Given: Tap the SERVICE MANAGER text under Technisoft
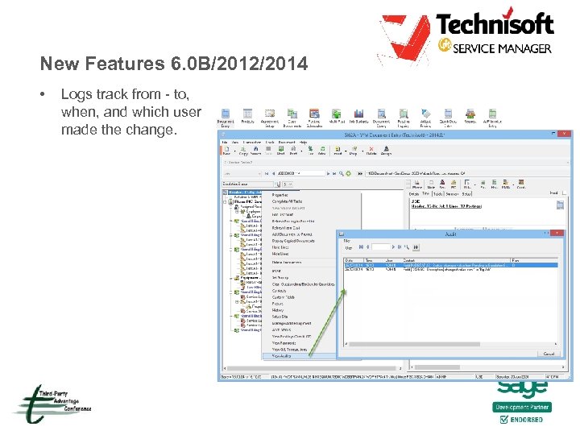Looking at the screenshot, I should (x=502, y=48).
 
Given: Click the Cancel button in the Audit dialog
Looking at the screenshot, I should (x=548, y=353).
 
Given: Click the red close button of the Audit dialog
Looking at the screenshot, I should (x=556, y=233).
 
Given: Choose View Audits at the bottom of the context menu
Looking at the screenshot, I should (x=282, y=355).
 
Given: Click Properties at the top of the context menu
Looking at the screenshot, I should (x=280, y=195).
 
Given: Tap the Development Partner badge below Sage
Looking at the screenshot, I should (x=522, y=408).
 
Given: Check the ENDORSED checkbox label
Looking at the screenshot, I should (x=527, y=419).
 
